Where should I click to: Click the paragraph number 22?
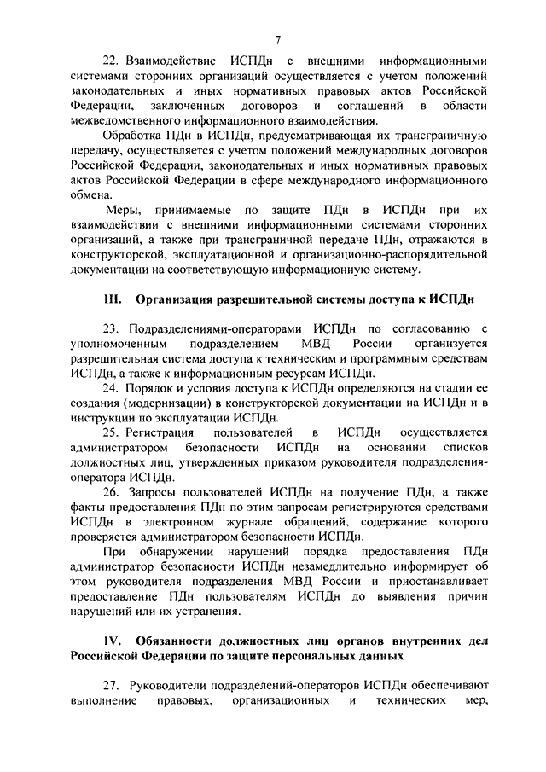click(x=109, y=61)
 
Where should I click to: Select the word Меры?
click(x=124, y=210)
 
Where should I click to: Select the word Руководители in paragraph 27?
click(x=168, y=686)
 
